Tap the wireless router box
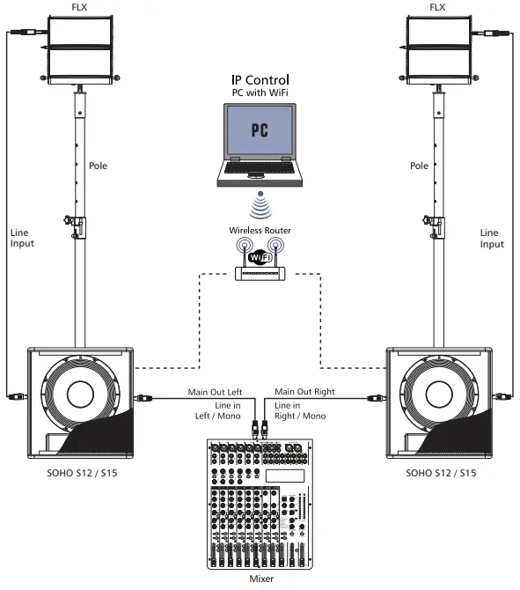(260, 272)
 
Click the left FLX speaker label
(81, 7)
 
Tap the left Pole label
(99, 166)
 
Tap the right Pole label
(420, 166)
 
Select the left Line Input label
(22, 238)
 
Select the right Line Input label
(492, 238)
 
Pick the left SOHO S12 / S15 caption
(79, 473)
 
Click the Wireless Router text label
(260, 231)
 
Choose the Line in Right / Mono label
(300, 409)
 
